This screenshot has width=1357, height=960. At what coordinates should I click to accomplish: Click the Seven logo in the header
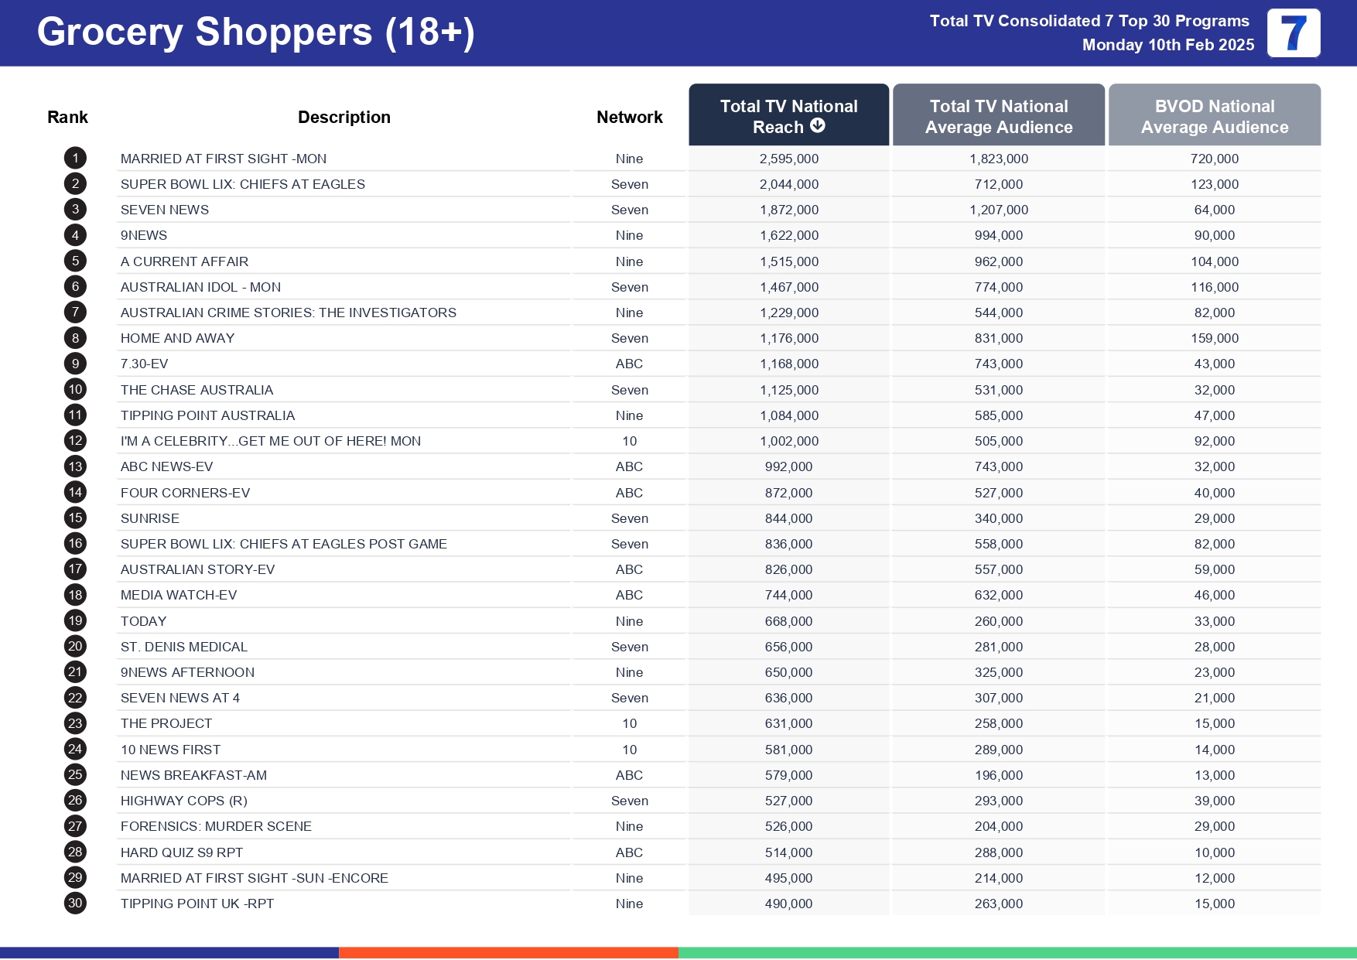coord(1293,33)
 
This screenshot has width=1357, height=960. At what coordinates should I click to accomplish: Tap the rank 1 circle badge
coord(75,159)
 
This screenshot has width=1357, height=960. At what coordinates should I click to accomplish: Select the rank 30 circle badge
coord(75,904)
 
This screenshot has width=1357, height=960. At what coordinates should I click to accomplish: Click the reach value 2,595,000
coord(788,159)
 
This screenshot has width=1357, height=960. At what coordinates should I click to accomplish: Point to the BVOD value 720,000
coord(1214,159)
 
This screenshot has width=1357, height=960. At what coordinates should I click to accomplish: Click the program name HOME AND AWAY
coord(177,338)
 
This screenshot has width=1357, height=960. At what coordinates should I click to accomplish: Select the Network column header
coord(629,118)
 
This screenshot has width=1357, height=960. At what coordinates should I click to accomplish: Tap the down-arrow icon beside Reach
coord(818,126)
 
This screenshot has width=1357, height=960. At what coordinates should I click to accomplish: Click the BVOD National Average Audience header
coord(1214,117)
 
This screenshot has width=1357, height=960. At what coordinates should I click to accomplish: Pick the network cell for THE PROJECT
coord(629,723)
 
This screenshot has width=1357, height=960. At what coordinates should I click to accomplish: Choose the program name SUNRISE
coord(149,518)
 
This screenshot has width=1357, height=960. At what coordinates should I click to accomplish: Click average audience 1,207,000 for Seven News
coord(998,210)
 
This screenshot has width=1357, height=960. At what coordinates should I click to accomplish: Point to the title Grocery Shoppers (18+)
coord(255,32)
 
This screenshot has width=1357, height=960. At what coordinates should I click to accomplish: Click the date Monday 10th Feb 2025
coord(1167,45)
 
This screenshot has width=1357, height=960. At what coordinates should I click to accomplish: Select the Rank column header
coord(67,118)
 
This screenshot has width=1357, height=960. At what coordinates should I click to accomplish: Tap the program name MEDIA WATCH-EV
coord(178,595)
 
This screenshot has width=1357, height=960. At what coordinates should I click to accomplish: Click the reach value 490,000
coord(788,904)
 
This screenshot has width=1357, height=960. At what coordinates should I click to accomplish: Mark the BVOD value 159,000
coord(1214,338)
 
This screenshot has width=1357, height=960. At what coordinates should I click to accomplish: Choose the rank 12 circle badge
coord(75,441)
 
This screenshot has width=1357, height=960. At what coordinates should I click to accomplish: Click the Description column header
coord(344,118)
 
